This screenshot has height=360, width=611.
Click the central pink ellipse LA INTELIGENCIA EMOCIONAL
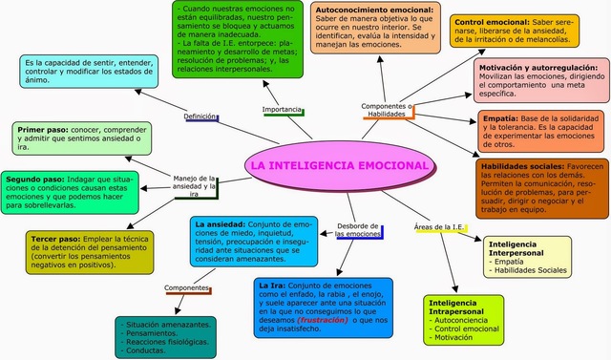[340, 166]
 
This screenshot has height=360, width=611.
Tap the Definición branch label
[200, 116]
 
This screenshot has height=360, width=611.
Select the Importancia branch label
[282, 110]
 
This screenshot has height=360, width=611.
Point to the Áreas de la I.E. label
[439, 226]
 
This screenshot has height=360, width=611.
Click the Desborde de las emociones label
[358, 229]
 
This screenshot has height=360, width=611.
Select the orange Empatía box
[542, 130]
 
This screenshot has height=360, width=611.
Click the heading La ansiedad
[214, 225]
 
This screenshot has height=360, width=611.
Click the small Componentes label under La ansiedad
[187, 287]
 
